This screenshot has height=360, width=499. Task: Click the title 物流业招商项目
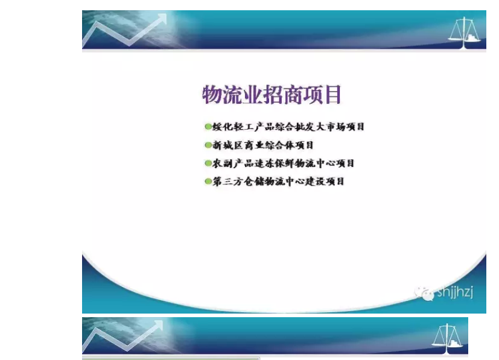272,95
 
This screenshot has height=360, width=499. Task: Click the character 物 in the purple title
212,95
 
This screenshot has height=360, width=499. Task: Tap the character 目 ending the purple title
332,95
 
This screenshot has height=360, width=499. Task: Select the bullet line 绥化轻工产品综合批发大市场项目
288,127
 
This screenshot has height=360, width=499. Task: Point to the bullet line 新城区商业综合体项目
263,145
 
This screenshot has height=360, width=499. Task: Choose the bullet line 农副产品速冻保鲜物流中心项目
283,163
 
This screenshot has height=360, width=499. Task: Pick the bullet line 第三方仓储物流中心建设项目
278,182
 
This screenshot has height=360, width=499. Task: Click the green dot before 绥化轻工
208,127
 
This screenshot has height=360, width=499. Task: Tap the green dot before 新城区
208,145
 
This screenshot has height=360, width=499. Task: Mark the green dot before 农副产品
208,163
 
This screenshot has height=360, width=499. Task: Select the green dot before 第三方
208,182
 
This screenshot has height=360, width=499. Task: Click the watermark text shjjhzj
455,292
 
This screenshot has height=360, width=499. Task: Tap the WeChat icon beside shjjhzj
424,293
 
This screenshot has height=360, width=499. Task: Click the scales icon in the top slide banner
465,33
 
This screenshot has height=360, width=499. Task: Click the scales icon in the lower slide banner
447,338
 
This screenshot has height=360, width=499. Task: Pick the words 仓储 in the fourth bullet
253,182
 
